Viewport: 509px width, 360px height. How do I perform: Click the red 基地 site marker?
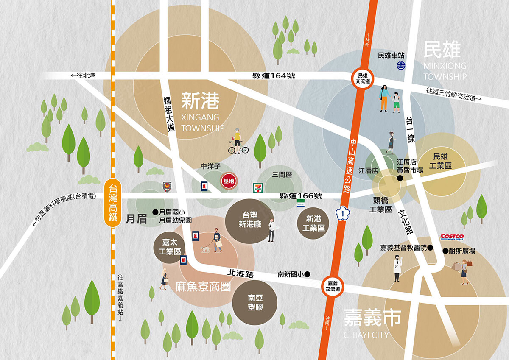click(x=229, y=181)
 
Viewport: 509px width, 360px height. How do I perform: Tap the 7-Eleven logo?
click(x=257, y=187)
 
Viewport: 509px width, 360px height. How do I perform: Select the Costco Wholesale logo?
click(x=452, y=237)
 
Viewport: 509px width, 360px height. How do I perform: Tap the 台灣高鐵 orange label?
click(x=113, y=203)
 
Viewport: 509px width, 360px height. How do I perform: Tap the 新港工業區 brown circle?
click(x=313, y=223)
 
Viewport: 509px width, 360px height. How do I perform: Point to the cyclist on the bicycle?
click(x=238, y=142)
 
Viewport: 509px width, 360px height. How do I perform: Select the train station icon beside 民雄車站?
click(x=401, y=65)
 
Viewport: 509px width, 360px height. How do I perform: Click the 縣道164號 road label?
click(x=274, y=76)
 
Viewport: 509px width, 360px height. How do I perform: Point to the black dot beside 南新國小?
click(x=308, y=274)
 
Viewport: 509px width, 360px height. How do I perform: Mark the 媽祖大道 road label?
click(x=170, y=114)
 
